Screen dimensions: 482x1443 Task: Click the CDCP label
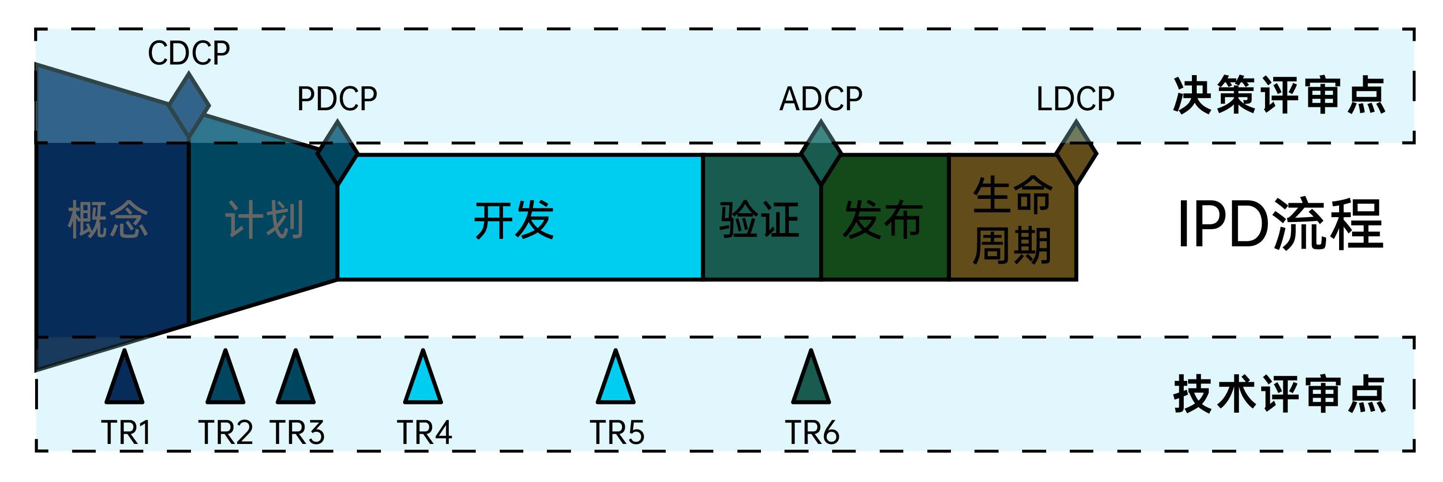(189, 53)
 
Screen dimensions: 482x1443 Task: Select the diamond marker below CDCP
(189, 105)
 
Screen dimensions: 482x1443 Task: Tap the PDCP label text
(337, 99)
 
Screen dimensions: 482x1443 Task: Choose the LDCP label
(1075, 99)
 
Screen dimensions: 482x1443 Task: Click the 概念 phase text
(108, 220)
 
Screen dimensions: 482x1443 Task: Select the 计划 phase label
(265, 220)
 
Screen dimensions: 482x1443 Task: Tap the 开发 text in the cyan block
(514, 220)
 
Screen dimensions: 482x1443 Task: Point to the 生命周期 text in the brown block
(1012, 220)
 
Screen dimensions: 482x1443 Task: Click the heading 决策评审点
(1279, 95)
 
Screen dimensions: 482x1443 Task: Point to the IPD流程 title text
(1280, 224)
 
